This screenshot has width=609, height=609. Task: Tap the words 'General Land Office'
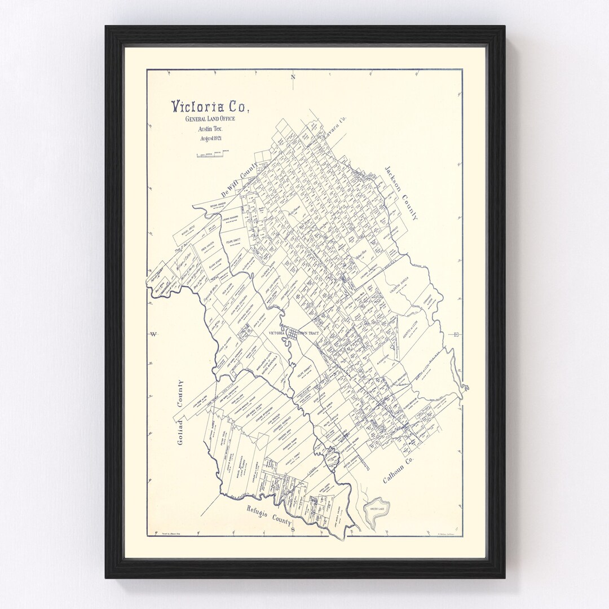click(210, 119)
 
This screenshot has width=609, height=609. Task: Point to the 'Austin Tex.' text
click(209, 129)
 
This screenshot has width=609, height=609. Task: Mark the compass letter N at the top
click(293, 77)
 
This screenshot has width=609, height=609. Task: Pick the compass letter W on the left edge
click(153, 335)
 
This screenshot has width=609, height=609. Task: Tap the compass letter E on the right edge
click(456, 334)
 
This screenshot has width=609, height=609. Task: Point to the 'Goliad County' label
click(180, 412)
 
